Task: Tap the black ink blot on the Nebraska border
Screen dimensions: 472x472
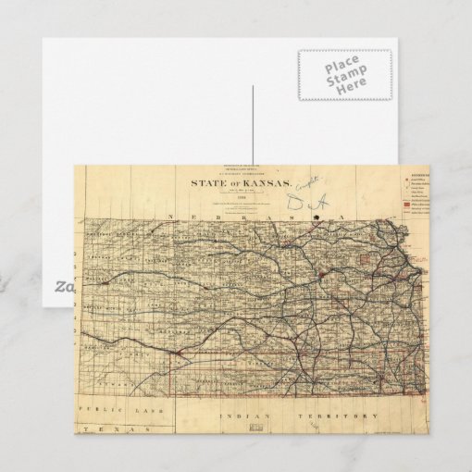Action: [318, 220]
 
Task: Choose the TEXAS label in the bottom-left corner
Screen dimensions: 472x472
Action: [109, 430]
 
